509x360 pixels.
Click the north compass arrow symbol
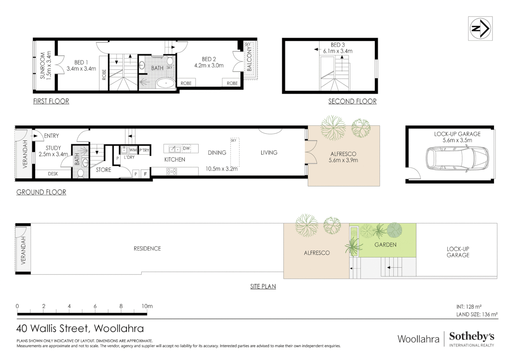[480, 29]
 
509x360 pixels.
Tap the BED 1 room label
[81, 62]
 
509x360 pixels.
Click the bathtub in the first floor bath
[166, 83]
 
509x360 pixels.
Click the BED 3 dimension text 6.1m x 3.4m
[337, 51]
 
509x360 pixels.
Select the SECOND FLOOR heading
[352, 101]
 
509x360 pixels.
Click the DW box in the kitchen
[187, 148]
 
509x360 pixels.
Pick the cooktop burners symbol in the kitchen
[172, 172]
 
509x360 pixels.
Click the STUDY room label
[53, 148]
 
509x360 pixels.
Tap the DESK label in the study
[53, 174]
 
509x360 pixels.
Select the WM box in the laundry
[133, 150]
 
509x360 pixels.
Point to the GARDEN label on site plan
[385, 245]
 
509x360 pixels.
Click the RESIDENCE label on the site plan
[147, 249]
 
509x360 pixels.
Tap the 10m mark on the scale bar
[147, 306]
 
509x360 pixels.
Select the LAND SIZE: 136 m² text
[477, 314]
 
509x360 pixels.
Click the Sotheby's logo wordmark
[471, 336]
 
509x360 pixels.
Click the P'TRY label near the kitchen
[144, 150]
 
